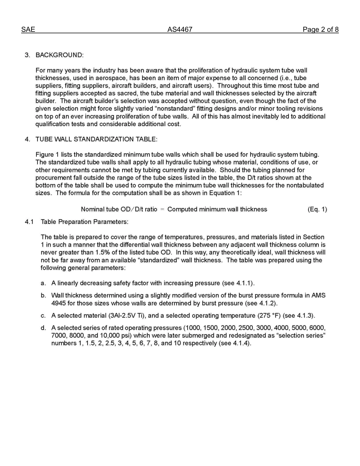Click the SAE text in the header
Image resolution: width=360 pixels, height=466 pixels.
coord(28,30)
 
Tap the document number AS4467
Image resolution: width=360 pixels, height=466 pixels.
coord(180,30)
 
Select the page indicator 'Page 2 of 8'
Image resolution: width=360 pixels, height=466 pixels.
coord(320,30)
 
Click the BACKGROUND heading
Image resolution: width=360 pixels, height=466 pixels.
coord(59,55)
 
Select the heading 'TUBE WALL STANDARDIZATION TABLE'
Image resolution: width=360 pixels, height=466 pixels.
coord(96,139)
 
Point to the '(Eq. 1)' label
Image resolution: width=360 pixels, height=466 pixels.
coord(317,209)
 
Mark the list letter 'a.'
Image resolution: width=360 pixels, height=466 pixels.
coord(44,283)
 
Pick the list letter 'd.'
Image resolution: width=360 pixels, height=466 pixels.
coord(44,328)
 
